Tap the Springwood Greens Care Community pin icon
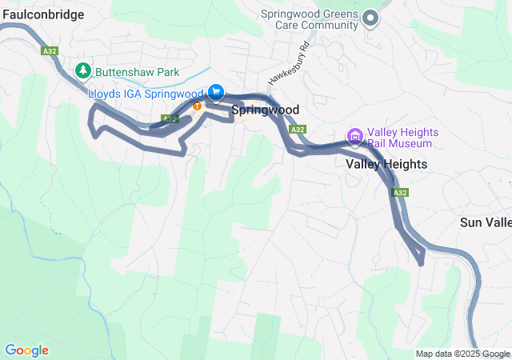click(x=370, y=18)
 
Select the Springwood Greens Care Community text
click(x=310, y=19)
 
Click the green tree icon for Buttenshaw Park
click(x=82, y=71)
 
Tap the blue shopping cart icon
click(x=215, y=93)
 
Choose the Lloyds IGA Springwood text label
click(x=146, y=94)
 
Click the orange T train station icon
click(x=197, y=106)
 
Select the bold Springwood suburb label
click(x=266, y=110)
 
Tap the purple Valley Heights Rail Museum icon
click(x=354, y=134)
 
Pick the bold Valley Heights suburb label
click(x=386, y=164)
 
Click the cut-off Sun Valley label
click(x=486, y=222)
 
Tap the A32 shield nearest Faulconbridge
click(x=50, y=50)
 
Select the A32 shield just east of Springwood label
click(x=298, y=129)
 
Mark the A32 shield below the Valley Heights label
click(x=400, y=193)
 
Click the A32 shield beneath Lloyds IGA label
click(x=169, y=118)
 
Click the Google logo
click(x=27, y=350)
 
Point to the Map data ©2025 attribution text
click(x=462, y=354)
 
